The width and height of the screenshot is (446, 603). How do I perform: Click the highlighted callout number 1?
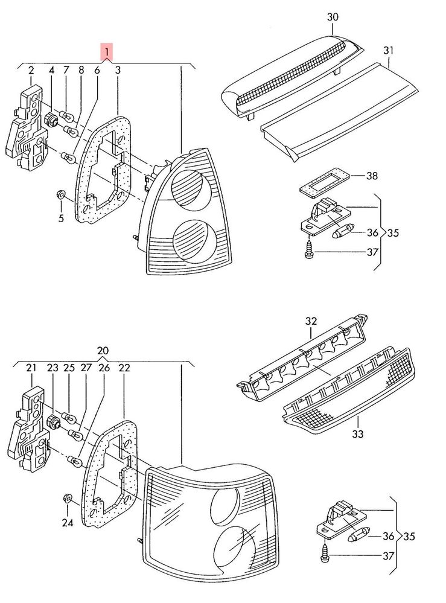tap(106, 52)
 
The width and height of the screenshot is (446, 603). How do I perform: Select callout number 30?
tap(333, 18)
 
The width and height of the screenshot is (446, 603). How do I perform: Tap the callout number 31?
tap(388, 50)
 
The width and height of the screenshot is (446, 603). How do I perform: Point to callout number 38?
tap(372, 177)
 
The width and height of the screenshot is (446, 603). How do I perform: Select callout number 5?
tap(61, 218)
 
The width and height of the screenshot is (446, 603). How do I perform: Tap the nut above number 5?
tap(60, 195)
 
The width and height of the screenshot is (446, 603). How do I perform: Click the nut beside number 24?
tap(68, 499)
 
